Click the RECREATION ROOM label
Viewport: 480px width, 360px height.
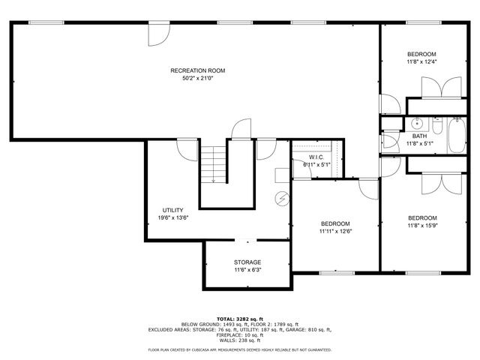pos(197,70)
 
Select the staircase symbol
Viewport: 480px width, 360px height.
pos(214,164)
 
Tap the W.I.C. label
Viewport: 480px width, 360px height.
pos(316,157)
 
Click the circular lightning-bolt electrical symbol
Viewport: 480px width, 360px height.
pos(283,199)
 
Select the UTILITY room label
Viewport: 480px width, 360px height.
pos(172,210)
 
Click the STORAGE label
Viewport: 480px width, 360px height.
pos(247,262)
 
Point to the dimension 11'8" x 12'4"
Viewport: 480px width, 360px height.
pos(421,61)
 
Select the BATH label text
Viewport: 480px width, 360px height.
pos(420,136)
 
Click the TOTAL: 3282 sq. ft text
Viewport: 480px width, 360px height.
pos(240,319)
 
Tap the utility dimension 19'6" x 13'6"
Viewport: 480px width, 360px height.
pos(172,217)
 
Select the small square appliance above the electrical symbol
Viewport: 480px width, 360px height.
pos(280,175)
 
